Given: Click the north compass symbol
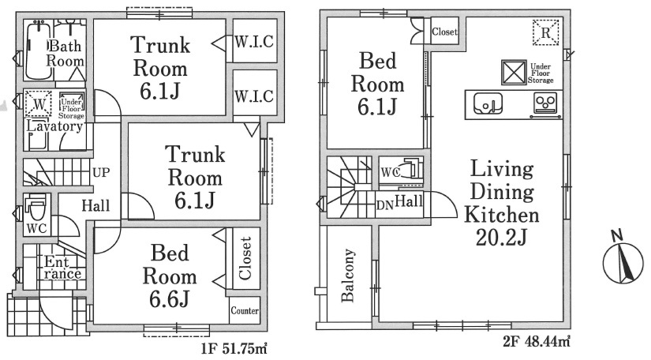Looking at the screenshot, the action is point(623,262).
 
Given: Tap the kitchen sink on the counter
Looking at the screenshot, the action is point(488,103).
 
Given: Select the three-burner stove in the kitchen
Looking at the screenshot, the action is point(544,103).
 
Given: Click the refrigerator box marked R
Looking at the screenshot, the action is point(545,32).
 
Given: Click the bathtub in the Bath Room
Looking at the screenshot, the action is point(39,51).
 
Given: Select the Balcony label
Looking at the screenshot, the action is point(348,275).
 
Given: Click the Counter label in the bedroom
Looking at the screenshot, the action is point(245,310).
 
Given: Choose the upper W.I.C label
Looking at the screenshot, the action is point(254,42).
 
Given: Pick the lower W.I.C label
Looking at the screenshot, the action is point(254,96).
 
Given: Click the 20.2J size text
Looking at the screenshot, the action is point(501,238).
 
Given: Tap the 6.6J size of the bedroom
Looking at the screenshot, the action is point(170,299).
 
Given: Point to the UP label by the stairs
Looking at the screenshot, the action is point(101,172).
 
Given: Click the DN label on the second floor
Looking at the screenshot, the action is point(385,205).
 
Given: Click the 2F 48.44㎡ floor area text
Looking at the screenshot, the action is point(537,342).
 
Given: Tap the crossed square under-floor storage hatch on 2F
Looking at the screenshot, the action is point(514,73).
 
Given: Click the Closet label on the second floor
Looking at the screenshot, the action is point(445,32).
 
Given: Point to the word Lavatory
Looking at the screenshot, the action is point(54,126).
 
